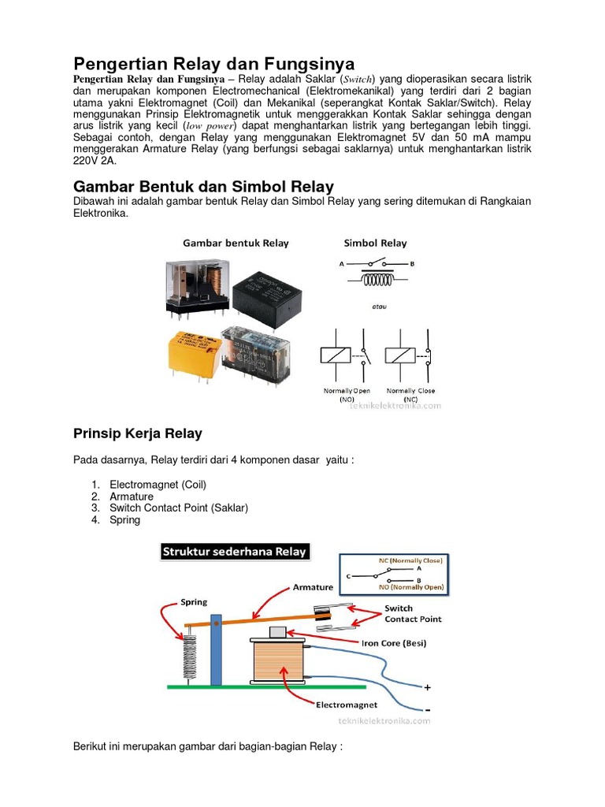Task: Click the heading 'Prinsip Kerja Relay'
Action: tap(137, 433)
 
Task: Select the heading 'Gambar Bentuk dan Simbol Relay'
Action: tap(203, 187)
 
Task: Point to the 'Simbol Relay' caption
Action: tap(375, 243)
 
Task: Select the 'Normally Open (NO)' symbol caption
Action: tap(347, 395)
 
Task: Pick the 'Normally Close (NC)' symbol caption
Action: tap(410, 395)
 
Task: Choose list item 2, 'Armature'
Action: tap(132, 496)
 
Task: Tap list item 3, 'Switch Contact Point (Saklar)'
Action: tap(179, 508)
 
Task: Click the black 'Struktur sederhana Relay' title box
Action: tap(234, 552)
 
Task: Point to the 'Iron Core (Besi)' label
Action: tap(394, 643)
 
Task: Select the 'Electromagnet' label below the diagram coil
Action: tap(346, 705)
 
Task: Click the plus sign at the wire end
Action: tap(428, 687)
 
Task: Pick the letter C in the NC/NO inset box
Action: tap(347, 575)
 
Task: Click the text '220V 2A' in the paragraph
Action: tap(94, 160)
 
